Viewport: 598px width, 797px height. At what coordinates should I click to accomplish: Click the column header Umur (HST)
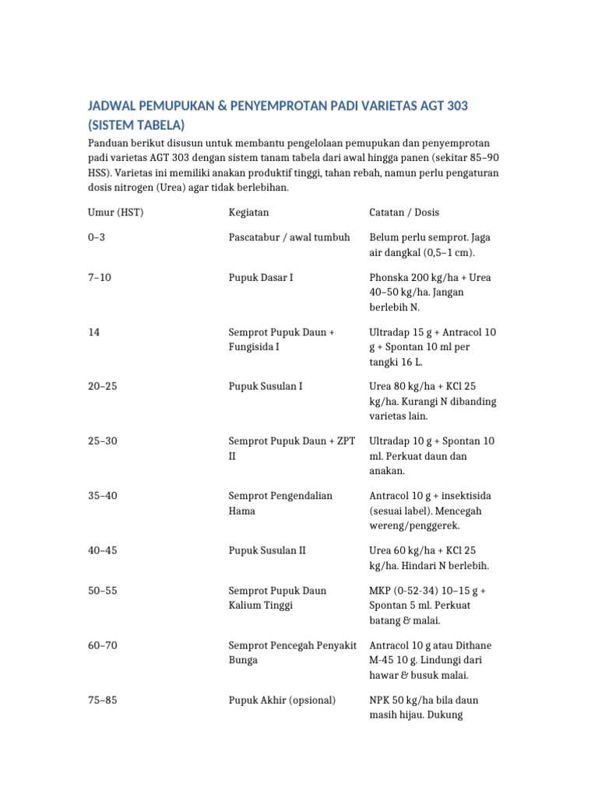pyautogui.click(x=116, y=212)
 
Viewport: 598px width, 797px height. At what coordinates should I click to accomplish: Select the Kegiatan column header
pyautogui.click(x=249, y=212)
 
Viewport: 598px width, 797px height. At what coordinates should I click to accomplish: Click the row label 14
pyautogui.click(x=93, y=332)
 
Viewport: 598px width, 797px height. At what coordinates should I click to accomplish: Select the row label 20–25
pyautogui.click(x=102, y=387)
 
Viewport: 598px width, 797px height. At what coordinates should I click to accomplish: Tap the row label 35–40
pyautogui.click(x=102, y=496)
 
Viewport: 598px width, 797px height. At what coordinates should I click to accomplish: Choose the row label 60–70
pyautogui.click(x=102, y=645)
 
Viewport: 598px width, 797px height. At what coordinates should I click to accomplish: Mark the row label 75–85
pyautogui.click(x=102, y=700)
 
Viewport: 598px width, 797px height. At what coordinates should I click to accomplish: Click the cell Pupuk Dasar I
pyautogui.click(x=261, y=277)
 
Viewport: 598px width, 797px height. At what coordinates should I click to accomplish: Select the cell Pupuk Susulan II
pyautogui.click(x=267, y=550)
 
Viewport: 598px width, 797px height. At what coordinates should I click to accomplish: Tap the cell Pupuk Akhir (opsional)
pyautogui.click(x=282, y=700)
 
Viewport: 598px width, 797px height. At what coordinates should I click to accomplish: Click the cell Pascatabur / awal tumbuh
pyautogui.click(x=289, y=237)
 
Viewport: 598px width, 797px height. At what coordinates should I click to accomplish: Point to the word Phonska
pyautogui.click(x=389, y=277)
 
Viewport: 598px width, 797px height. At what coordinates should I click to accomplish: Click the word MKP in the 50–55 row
pyautogui.click(x=380, y=591)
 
